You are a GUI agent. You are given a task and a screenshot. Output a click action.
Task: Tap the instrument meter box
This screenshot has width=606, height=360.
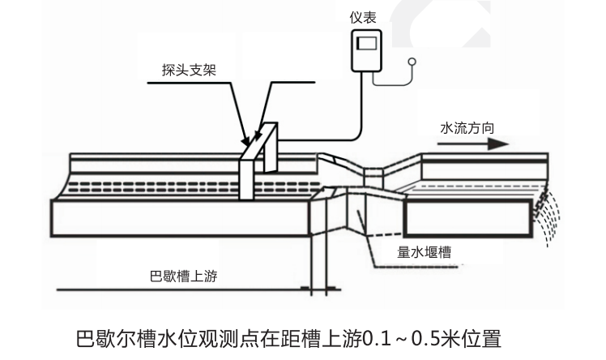tap(366, 51)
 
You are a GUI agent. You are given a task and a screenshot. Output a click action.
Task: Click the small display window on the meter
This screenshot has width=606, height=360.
tap(367, 43)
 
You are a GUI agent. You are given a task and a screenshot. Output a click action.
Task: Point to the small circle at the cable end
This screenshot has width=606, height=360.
tap(412, 61)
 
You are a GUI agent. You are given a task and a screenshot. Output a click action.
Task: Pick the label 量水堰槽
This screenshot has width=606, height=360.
tap(425, 252)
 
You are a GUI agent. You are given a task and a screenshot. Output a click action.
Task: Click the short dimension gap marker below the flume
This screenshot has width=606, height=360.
tap(317, 288)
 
